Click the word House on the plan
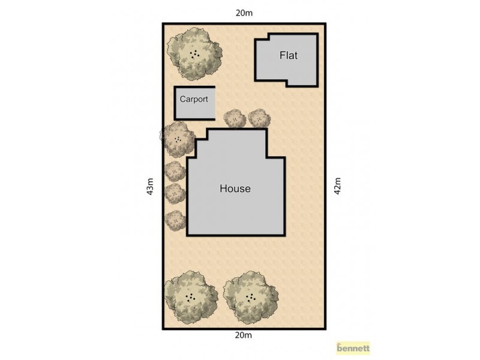235,188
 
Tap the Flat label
289,56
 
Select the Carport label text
194,100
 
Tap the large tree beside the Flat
193,53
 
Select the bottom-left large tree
191,296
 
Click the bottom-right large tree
251,296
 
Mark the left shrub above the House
235,118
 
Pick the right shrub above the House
259,118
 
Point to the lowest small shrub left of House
175,220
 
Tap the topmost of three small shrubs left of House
175,171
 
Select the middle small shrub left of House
175,193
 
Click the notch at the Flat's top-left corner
262,38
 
